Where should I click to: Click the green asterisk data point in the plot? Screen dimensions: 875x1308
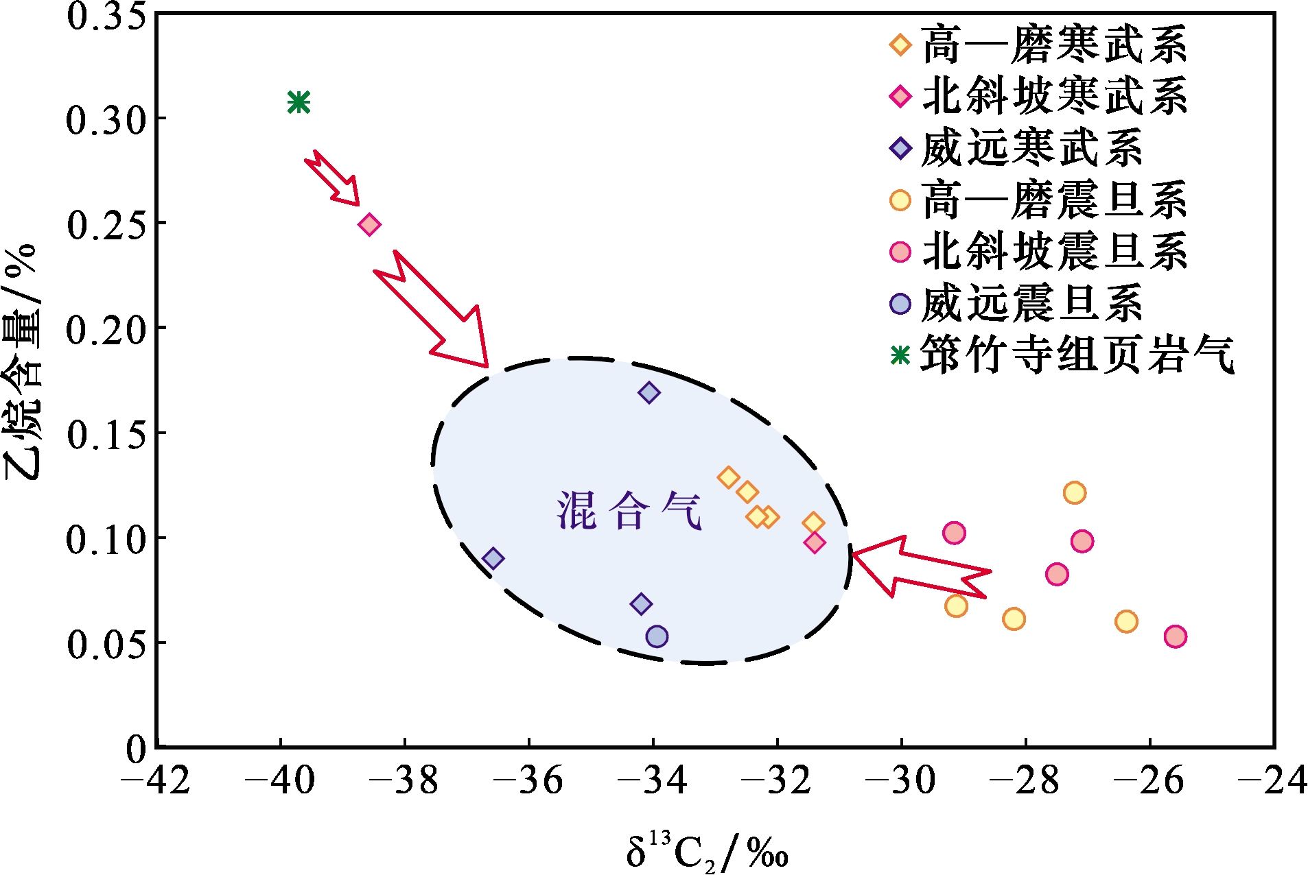pos(299,102)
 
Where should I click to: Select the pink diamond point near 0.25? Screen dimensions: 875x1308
pos(370,224)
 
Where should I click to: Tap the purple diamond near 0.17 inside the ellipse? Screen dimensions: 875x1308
pos(649,393)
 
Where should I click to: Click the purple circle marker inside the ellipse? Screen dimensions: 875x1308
pos(657,636)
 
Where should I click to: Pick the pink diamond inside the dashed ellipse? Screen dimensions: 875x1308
pos(815,543)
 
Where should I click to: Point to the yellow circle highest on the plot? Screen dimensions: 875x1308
pos(1074,492)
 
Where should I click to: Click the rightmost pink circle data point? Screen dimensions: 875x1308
pos(1176,636)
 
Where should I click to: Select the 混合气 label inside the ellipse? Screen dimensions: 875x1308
pos(629,512)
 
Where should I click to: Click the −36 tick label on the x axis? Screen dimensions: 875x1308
pos(528,780)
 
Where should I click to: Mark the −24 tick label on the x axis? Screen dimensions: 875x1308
pos(1274,780)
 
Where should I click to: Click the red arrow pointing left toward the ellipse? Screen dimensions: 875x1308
pos(920,566)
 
